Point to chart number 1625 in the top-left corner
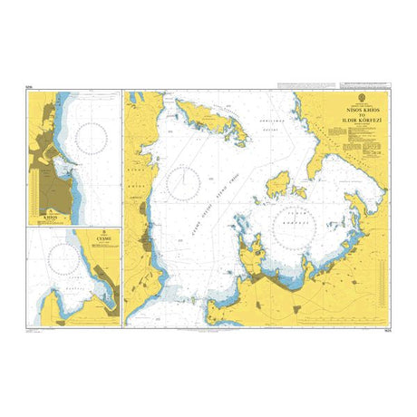click(x=31, y=86)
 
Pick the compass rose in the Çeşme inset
click(x=62, y=263)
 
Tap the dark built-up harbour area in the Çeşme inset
click(x=108, y=295)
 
